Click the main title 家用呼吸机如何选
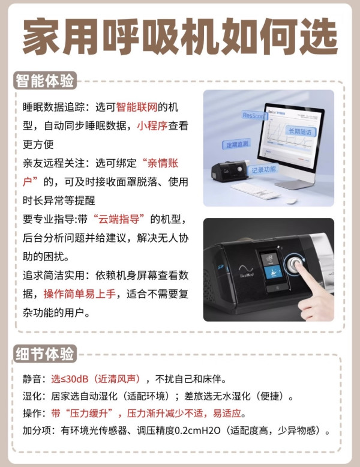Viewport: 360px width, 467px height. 180,37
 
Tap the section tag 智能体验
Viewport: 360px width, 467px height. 44,80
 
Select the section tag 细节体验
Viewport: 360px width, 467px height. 44,354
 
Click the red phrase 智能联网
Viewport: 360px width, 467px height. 137,107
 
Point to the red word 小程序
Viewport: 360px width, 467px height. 152,125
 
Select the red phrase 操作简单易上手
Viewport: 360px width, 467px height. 80,294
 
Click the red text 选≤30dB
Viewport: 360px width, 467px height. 70,379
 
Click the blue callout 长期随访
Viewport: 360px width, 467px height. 300,131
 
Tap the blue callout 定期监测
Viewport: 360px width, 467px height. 237,145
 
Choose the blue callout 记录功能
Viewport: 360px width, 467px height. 263,170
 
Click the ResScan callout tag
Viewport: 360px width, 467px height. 253,115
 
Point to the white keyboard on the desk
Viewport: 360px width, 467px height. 256,191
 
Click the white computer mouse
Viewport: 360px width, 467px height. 292,201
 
